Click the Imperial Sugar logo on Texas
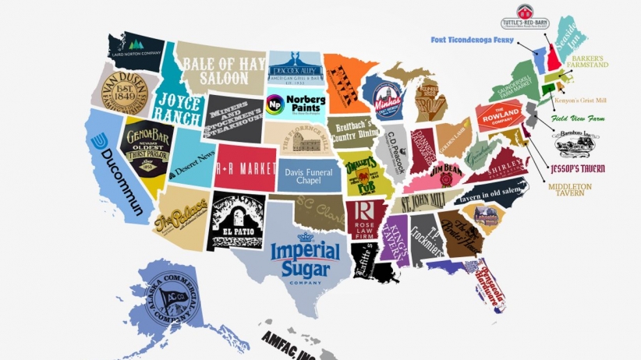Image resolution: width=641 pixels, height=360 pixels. coord(305,258)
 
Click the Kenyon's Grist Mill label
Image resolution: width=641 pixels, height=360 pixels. coord(590,101)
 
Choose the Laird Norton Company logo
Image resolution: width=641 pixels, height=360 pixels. coord(137,48)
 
